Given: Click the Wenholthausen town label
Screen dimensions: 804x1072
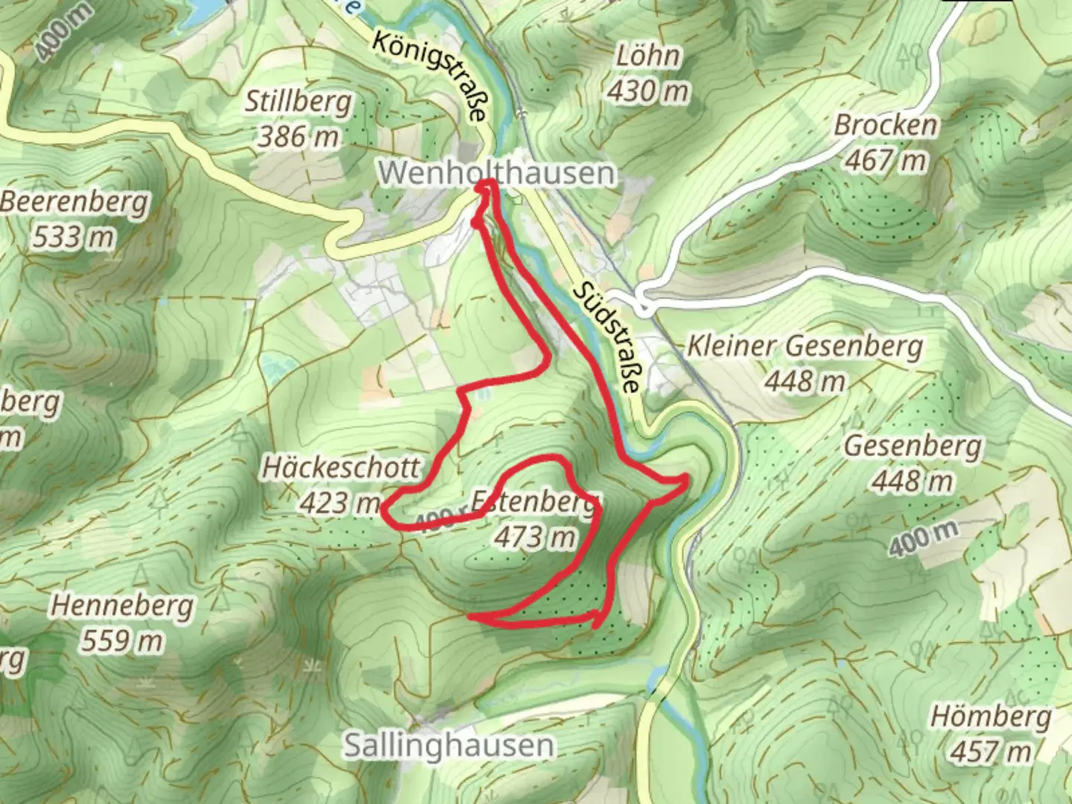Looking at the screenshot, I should tap(497, 173).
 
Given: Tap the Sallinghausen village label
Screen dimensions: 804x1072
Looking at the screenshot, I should tap(448, 745).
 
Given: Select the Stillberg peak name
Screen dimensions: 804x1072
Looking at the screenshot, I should tap(298, 102).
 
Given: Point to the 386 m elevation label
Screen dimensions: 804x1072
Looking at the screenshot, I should tap(298, 136).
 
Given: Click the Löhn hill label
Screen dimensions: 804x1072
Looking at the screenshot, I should tap(648, 56).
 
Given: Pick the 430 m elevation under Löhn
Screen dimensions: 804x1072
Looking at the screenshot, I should tap(648, 91).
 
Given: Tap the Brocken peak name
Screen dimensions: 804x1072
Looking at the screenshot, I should tap(885, 124).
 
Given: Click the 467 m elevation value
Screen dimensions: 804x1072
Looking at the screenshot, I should tap(885, 159).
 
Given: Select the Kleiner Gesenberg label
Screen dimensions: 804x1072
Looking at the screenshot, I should tap(804, 346).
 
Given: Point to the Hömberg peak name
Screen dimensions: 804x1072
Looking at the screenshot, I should tap(991, 717).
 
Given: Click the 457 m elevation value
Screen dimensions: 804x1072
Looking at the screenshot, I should tap(991, 751).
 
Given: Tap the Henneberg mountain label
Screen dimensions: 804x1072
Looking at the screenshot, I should tap(122, 606).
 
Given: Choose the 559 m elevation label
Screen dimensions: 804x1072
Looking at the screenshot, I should tap(122, 640).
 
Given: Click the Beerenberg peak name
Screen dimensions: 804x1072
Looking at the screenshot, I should tap(74, 202).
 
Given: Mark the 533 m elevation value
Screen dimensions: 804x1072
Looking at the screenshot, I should tap(74, 237).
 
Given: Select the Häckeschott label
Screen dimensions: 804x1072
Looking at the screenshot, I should tap(341, 468).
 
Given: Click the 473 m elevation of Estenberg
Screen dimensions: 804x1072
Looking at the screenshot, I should tap(535, 536).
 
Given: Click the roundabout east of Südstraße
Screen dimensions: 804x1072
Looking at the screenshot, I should tap(643, 305).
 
